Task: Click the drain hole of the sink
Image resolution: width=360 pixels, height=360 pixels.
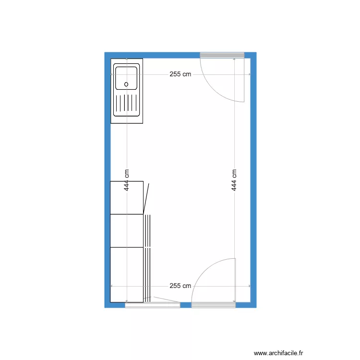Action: coord(127,84)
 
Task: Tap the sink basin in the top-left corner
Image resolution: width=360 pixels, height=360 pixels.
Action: coord(126,78)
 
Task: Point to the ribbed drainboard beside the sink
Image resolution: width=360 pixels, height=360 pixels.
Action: coord(127,103)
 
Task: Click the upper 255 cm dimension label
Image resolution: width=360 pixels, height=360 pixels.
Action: coord(180,74)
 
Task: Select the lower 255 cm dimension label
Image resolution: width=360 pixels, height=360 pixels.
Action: coord(180,286)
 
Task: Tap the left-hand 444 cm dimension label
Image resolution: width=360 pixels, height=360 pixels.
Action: coord(127,180)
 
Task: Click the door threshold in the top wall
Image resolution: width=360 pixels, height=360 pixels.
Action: coord(222,55)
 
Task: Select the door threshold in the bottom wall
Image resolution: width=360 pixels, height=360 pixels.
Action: coord(214,305)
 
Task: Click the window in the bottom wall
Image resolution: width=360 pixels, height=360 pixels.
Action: coord(153,305)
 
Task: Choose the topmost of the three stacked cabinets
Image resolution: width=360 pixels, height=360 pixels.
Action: coord(127,197)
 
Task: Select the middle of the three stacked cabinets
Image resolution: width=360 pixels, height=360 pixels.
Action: coord(127,230)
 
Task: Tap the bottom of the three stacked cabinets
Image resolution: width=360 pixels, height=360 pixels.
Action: coord(127,274)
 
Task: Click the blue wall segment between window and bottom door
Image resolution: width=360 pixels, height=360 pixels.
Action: coord(186,305)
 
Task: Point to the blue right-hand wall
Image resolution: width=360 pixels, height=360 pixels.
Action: coord(253,180)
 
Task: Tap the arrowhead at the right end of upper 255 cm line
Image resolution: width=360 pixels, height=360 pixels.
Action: coord(249,74)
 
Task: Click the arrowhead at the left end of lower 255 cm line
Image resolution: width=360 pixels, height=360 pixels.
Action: coord(112,286)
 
